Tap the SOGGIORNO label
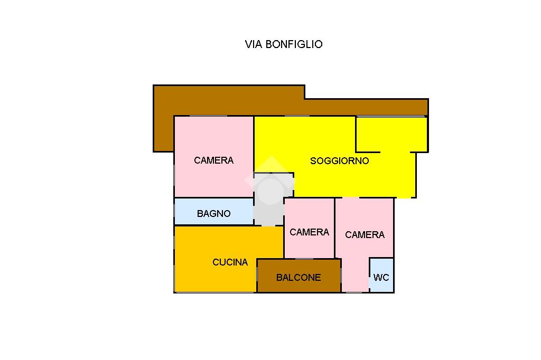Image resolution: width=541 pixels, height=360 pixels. click(x=340, y=160)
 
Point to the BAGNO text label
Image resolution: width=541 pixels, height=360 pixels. click(x=213, y=213)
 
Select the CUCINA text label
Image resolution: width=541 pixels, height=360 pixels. click(x=230, y=262)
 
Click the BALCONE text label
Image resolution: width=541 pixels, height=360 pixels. click(x=299, y=278)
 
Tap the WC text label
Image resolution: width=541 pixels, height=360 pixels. click(x=381, y=278)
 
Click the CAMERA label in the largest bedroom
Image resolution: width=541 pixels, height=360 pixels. click(x=213, y=160)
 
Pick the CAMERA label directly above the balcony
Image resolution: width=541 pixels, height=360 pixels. click(x=309, y=232)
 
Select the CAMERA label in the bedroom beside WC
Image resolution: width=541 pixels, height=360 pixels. click(x=365, y=235)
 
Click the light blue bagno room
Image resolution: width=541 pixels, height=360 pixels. click(x=214, y=211)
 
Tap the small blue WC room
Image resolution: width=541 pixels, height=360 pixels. click(x=381, y=275)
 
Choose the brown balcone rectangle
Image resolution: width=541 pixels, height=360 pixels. click(x=299, y=276)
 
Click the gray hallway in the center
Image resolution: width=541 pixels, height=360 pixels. click(x=269, y=200)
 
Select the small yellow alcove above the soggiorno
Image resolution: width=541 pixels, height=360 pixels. click(x=391, y=135)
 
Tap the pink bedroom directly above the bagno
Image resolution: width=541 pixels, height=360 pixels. click(x=214, y=157)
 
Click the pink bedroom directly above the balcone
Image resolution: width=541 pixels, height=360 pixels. click(x=309, y=228)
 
